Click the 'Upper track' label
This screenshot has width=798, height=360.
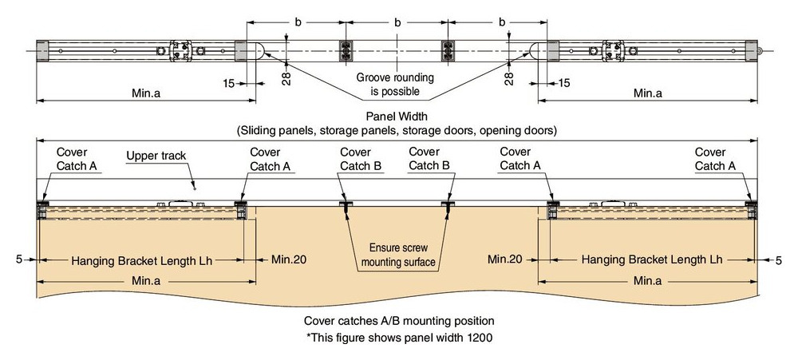(x=156, y=156)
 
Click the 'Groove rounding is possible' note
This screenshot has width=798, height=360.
(x=395, y=85)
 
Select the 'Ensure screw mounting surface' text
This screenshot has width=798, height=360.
(x=398, y=255)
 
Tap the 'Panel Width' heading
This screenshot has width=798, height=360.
(x=397, y=117)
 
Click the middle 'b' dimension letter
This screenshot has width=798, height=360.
(x=397, y=22)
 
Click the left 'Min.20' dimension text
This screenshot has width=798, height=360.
(x=289, y=259)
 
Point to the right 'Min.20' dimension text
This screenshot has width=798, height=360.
(x=505, y=259)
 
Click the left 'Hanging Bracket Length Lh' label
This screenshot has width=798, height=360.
(x=141, y=260)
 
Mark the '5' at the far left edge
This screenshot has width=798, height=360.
(x=19, y=259)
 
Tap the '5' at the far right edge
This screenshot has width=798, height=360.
(x=779, y=260)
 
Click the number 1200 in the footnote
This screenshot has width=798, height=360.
(x=480, y=337)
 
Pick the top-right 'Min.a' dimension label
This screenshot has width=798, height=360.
(x=648, y=93)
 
